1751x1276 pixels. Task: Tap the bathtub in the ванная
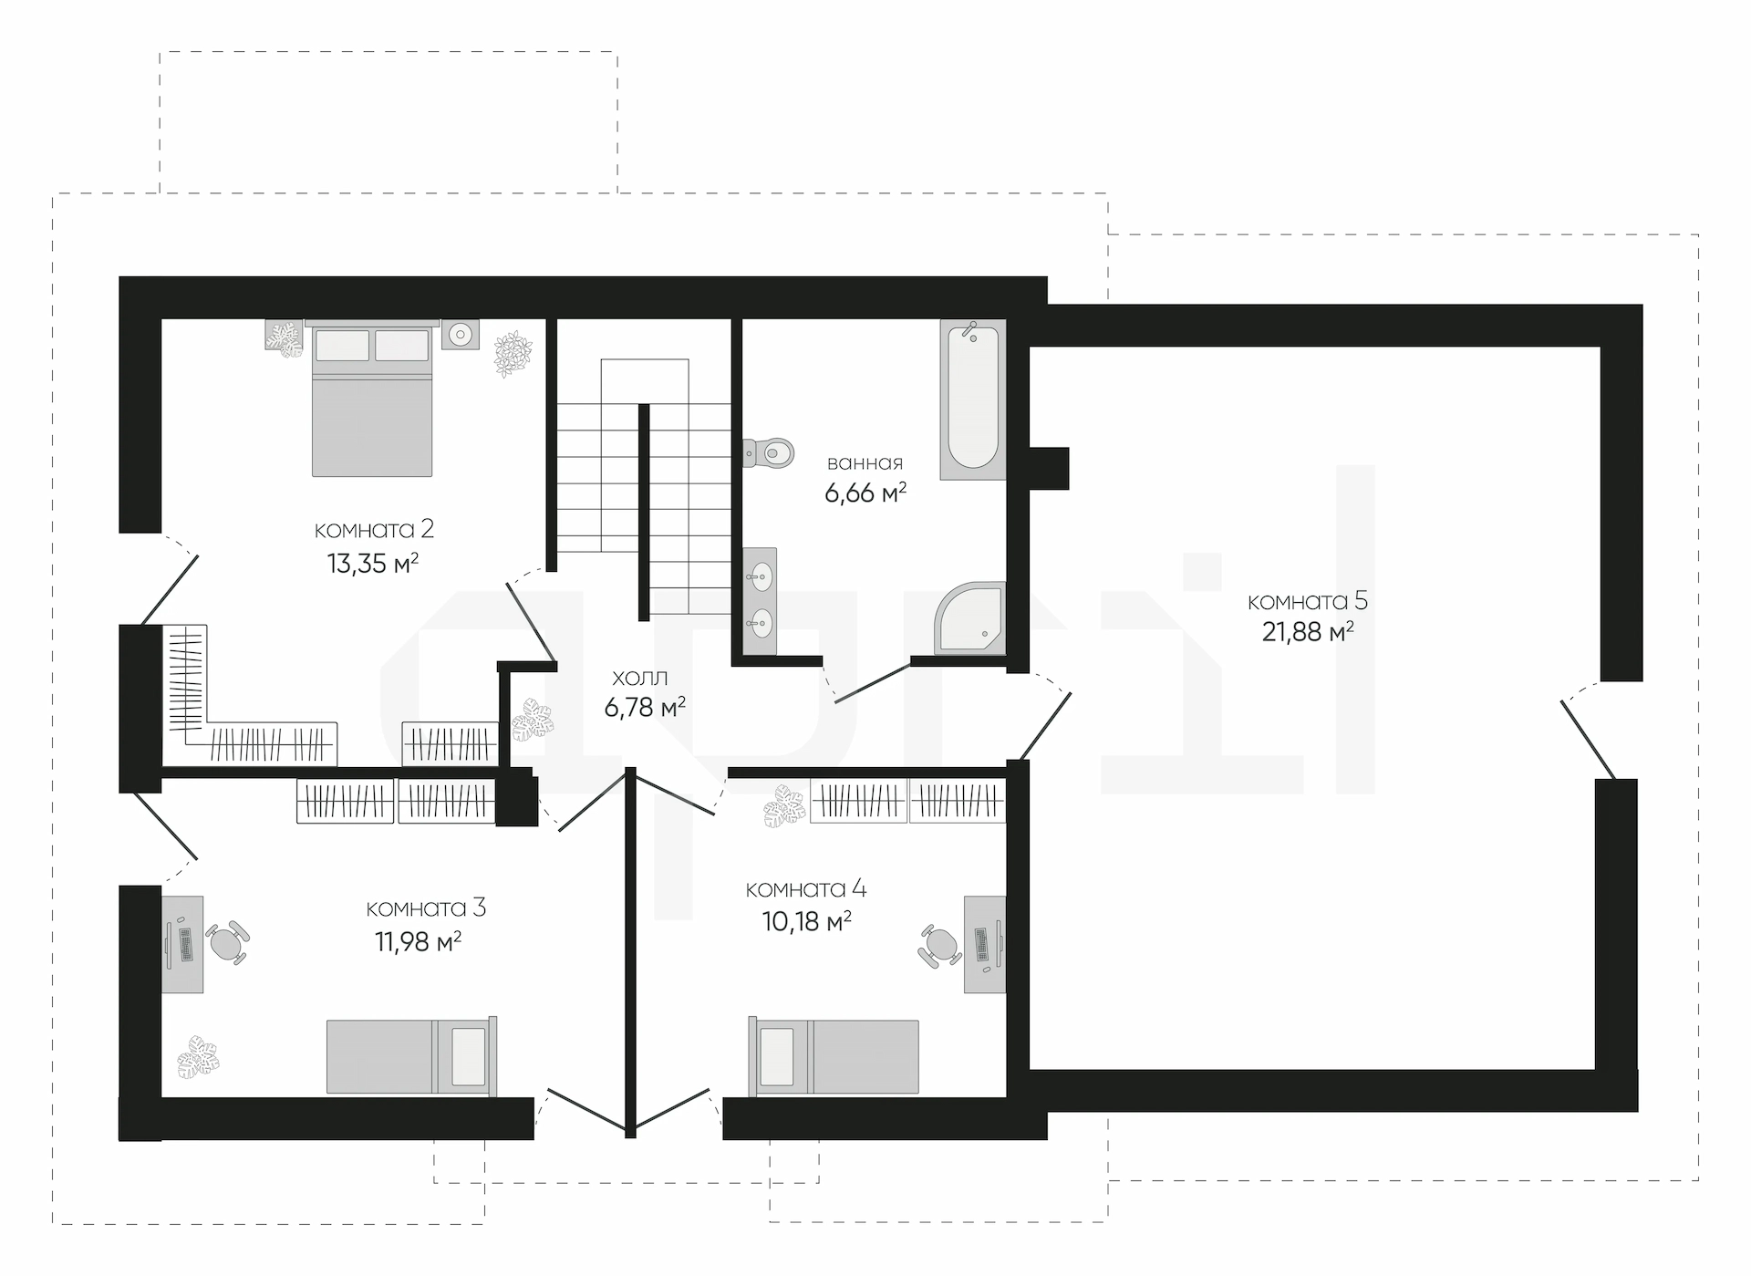[972, 399]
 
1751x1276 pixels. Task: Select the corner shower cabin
[969, 618]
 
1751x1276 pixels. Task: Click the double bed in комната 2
[371, 398]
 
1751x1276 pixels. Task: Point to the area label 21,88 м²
[1307, 631]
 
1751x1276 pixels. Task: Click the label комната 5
[1307, 601]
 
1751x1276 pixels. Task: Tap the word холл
[639, 678]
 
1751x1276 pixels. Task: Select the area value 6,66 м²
[865, 493]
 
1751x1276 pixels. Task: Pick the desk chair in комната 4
[940, 945]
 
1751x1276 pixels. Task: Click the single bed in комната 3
[412, 1056]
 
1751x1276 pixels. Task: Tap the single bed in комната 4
[834, 1057]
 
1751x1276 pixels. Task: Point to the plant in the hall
[532, 721]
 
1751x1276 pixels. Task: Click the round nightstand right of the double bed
[461, 335]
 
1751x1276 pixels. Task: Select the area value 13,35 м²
[372, 563]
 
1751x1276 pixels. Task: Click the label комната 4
[806, 889]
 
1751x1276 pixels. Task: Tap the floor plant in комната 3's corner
[199, 1056]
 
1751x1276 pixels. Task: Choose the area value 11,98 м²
[418, 941]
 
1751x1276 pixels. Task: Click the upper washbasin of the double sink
[759, 575]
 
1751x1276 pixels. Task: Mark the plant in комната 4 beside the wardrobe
[784, 806]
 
